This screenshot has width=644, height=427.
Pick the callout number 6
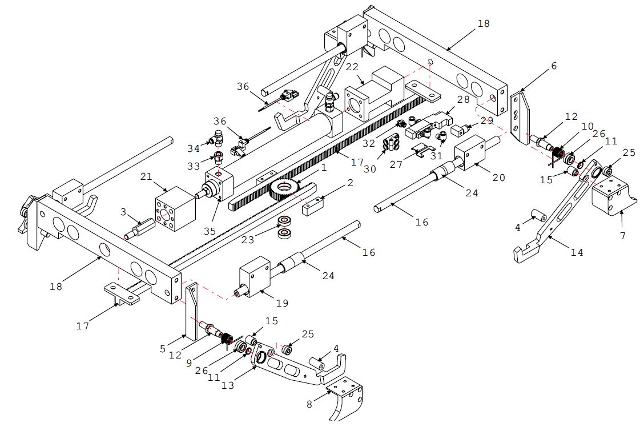tap(553, 66)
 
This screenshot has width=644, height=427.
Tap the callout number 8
tap(309, 405)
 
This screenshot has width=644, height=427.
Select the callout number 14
tap(577, 252)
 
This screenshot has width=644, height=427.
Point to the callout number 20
tap(498, 178)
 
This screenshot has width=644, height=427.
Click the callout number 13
tap(227, 385)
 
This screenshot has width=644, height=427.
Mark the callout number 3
tap(124, 212)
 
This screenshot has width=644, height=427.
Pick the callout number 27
tap(397, 164)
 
